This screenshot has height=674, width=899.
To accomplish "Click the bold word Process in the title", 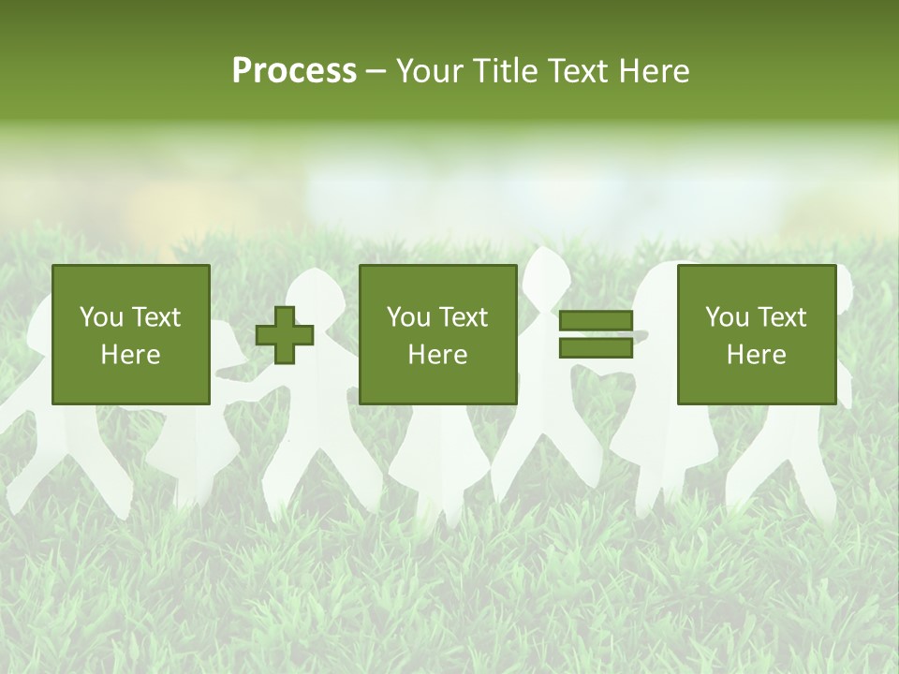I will (294, 71).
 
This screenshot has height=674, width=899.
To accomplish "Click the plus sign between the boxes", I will (285, 334).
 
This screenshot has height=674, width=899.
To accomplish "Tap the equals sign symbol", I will (596, 334).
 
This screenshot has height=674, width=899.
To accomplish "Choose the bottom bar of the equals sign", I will (596, 347).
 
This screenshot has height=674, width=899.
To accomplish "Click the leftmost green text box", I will (131, 334).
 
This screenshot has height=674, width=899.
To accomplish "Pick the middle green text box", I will (438, 334).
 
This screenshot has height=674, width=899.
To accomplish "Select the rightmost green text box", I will (756, 334).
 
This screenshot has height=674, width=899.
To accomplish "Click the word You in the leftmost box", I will (101, 317).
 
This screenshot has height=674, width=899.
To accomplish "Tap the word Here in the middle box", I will (438, 355).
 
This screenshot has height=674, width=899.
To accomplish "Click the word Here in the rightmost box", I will (756, 355).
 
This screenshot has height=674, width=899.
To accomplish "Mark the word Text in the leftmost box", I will (157, 317).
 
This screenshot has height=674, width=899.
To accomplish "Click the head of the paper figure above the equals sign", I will (546, 272).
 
